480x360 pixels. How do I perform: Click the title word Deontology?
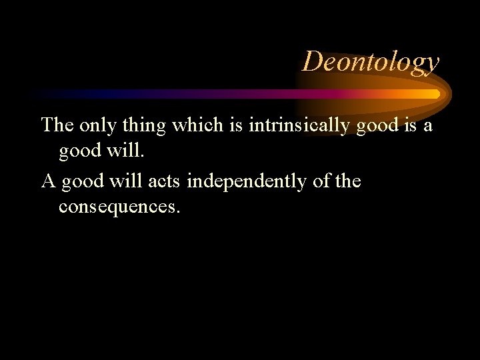click(x=371, y=61)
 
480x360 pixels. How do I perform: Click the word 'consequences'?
click(x=119, y=207)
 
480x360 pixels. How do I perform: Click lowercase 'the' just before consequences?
click(x=349, y=181)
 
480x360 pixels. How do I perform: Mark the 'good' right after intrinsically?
click(x=379, y=125)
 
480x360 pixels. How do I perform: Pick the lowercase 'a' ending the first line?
click(x=428, y=125)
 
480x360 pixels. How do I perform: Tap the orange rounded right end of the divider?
click(x=436, y=94)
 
